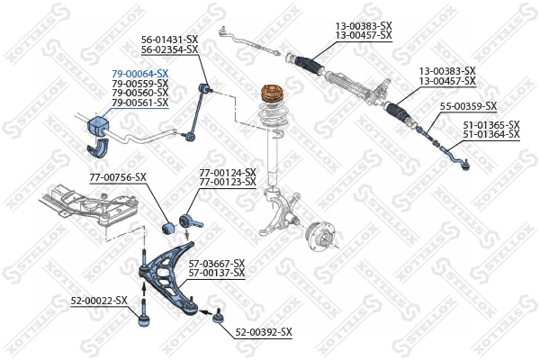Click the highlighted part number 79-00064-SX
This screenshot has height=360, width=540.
click(139, 73)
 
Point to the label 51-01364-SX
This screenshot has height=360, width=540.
click(491, 134)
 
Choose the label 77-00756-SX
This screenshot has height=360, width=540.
click(116, 177)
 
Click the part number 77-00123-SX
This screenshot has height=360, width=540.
click(227, 182)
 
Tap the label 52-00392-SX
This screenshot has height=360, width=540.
click(264, 332)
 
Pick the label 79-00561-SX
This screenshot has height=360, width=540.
click(139, 103)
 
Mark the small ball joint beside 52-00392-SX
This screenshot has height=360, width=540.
click(216, 315)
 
